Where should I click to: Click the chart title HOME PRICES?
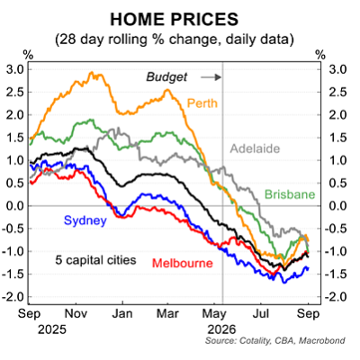175,20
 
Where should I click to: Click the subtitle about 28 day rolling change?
175,40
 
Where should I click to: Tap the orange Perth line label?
202,103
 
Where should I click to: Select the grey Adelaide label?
255,148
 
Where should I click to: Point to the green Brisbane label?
290,194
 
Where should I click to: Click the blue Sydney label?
85,220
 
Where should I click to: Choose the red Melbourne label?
183,264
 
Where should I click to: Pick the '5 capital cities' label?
95,260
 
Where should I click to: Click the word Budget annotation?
166,77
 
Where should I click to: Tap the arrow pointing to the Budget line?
211,77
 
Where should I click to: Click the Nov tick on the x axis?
76,314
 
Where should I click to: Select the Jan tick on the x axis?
122,314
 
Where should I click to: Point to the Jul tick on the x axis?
261,314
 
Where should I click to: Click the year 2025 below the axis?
52,329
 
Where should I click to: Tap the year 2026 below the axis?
222,329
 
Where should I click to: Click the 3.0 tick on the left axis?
14,69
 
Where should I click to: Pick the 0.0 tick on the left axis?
14,206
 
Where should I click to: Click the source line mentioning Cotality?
275,341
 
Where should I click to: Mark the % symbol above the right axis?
320,55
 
